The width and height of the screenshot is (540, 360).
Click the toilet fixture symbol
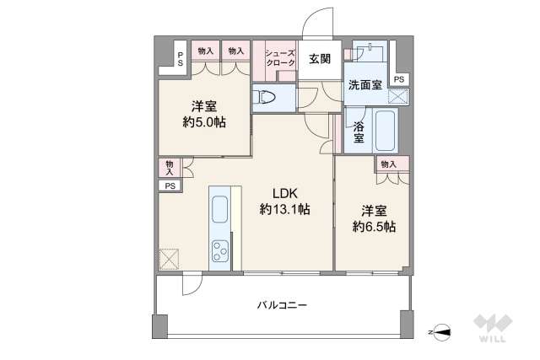pos(264,97)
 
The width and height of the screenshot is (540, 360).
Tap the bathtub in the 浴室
pos(385,130)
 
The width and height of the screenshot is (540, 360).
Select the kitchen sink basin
pos(219,209)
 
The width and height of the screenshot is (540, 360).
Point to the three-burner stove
pos(220,250)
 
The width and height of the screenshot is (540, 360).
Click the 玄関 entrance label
pos(320,59)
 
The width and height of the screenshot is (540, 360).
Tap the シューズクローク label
pos(280,58)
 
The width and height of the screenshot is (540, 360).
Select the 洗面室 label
pos(365,84)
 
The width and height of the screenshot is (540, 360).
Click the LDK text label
pos(285,193)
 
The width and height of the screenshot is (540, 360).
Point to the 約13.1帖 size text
pos(285,209)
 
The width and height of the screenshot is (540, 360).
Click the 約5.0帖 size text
pos(204,122)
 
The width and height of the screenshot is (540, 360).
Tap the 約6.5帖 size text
pos(374,227)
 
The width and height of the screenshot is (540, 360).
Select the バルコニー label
pos(282,305)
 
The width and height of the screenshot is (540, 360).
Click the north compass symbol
pos(441,332)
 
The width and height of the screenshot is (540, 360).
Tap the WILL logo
pos(493,328)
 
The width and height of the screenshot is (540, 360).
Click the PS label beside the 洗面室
pos(399,79)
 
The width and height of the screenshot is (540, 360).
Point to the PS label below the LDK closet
pos(170,186)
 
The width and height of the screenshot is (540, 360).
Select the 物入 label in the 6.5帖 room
pos(389,164)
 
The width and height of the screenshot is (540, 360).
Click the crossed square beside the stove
pos(169,259)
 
